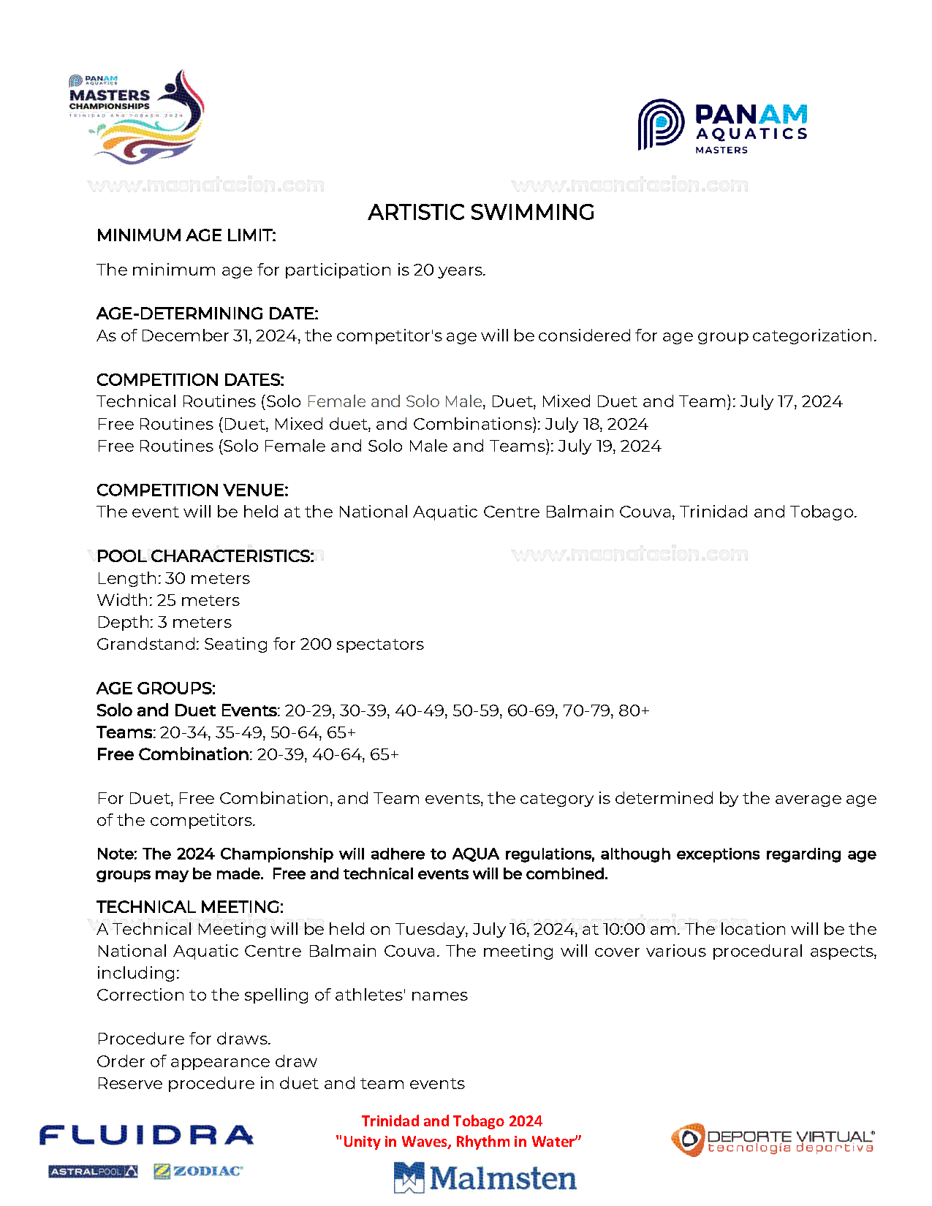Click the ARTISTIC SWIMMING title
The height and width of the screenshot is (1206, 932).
[481, 213]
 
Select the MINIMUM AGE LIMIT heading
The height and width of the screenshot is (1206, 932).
[186, 235]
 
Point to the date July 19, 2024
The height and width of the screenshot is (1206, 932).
[610, 446]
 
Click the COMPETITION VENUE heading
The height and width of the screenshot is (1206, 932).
[192, 490]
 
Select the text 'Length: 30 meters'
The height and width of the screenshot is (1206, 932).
[173, 578]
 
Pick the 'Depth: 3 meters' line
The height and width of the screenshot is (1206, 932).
[164, 622]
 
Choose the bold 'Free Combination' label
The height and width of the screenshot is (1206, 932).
[174, 754]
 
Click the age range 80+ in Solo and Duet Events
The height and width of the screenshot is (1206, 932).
[634, 710]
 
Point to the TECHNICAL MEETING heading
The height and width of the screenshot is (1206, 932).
[190, 907]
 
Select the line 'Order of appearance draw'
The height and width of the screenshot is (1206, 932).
[207, 1061]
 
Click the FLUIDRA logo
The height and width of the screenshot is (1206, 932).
[146, 1135]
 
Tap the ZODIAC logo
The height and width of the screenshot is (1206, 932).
[198, 1171]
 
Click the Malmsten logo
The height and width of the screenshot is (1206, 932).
[485, 1177]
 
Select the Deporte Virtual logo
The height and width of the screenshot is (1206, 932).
[773, 1140]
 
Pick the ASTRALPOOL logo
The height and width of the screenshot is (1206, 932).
[93, 1172]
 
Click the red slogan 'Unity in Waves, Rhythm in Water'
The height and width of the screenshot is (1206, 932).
[458, 1142]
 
